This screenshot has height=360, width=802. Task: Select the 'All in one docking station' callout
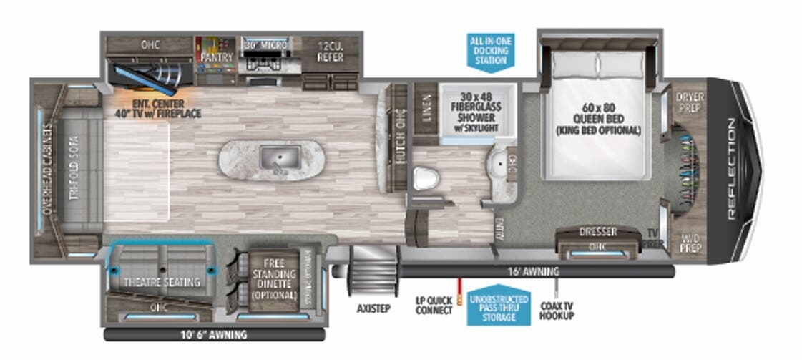tap(492, 51)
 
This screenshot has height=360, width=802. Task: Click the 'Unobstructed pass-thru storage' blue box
tap(498, 307)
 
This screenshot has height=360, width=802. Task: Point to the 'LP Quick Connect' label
tap(435, 306)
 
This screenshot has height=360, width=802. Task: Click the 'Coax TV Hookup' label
tap(557, 309)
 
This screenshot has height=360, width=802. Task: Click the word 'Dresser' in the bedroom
tap(598, 232)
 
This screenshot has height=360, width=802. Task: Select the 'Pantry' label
tap(213, 56)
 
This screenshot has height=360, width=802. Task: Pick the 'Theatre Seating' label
tap(162, 282)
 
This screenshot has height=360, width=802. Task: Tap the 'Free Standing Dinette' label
tap(273, 279)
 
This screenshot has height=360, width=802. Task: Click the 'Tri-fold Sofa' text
tap(73, 169)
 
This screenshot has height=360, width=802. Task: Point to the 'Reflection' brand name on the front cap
tap(730, 169)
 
